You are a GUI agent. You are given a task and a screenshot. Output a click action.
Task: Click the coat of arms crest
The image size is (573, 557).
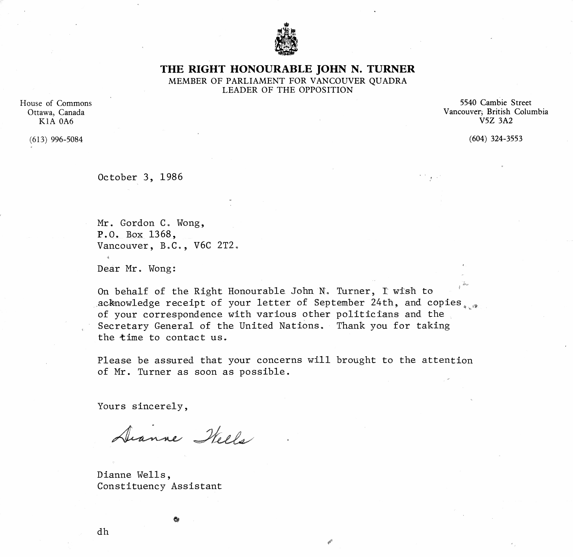coord(286,39)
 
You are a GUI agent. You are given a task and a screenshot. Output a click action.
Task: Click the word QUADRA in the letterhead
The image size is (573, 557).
coord(388,81)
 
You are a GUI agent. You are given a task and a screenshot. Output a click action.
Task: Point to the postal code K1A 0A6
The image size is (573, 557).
coord(56,121)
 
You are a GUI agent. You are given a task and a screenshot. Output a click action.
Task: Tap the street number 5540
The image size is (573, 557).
coord(468,103)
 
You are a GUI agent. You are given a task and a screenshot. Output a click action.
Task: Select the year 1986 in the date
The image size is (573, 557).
coord(171,177)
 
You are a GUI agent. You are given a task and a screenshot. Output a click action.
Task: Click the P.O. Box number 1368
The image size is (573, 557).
coord(160,234)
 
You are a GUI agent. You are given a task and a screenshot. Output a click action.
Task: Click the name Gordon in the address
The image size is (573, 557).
coord(137,223)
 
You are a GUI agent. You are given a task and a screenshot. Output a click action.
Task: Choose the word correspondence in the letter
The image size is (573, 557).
coord(183,315)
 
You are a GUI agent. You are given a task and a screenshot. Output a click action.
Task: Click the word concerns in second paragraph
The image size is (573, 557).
coord(279,360)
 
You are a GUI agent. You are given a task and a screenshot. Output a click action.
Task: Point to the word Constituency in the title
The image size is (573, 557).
coord(131,486)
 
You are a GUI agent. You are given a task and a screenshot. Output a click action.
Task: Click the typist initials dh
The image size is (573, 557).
coord(103,532)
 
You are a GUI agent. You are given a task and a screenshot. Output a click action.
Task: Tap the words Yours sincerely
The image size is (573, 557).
coord(142,407)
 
